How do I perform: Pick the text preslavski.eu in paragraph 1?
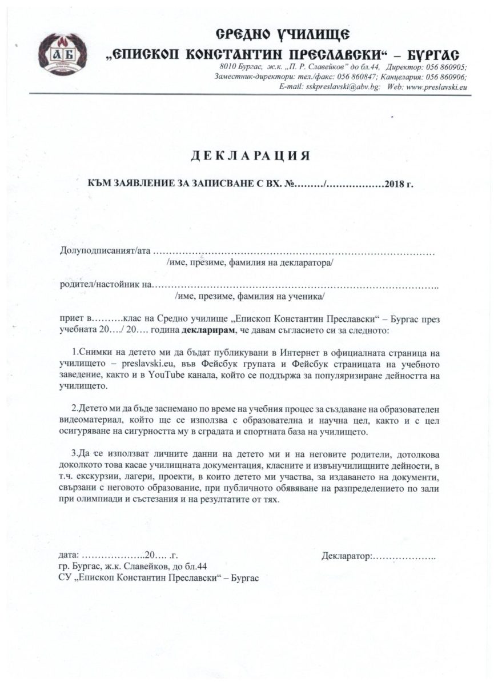(148, 364)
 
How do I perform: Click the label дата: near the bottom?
(70, 555)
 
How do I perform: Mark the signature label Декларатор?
(347, 555)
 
